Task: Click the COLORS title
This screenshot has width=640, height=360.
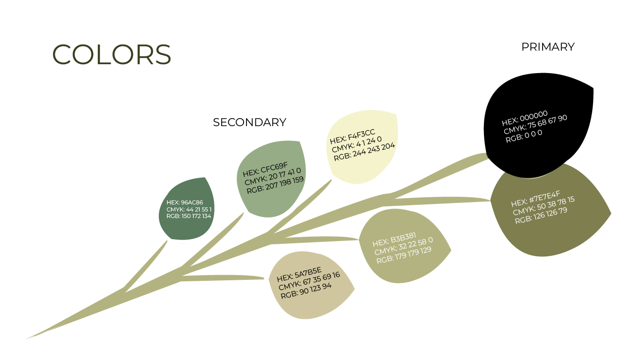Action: tap(112, 54)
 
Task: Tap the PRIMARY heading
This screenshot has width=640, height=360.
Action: tap(548, 47)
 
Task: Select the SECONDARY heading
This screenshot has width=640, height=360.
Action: tap(249, 122)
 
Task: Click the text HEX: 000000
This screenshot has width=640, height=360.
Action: tap(525, 118)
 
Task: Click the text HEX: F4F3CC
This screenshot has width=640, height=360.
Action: tap(352, 136)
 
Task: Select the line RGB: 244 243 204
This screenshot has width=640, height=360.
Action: tap(365, 152)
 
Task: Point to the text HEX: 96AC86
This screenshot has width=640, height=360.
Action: tap(185, 202)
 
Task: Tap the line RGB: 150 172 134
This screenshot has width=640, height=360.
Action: tap(189, 216)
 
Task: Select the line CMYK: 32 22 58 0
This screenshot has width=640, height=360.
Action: tap(403, 246)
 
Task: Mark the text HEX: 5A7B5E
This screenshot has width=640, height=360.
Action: tap(299, 275)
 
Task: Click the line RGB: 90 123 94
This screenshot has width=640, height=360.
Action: tap(306, 291)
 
